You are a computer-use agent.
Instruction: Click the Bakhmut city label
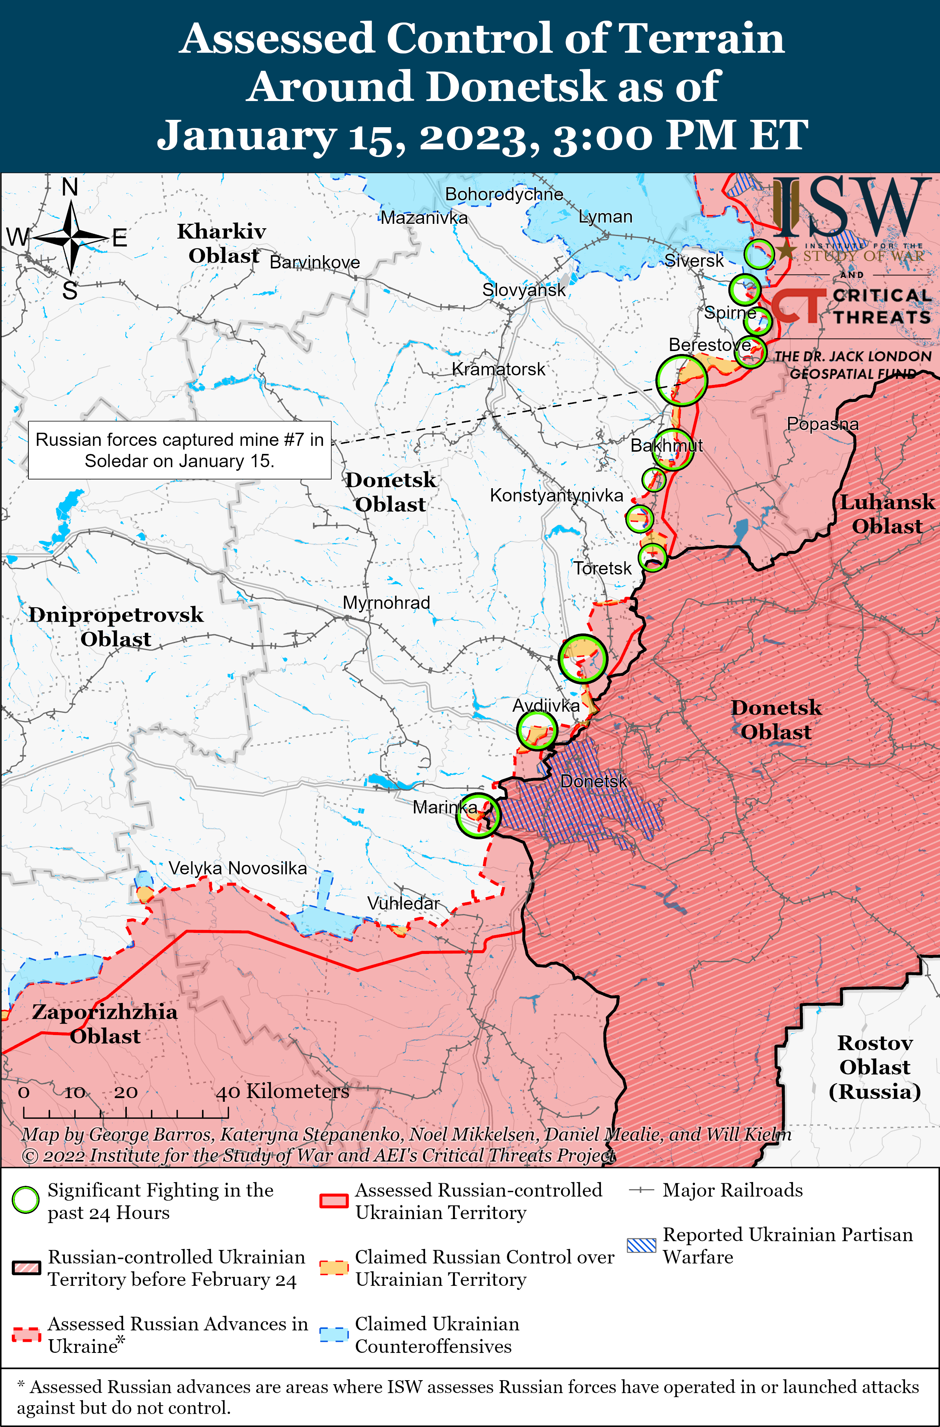(666, 445)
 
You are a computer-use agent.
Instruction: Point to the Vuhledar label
(403, 903)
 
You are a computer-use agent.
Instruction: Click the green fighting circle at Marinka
(478, 815)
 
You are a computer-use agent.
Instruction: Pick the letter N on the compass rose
(70, 188)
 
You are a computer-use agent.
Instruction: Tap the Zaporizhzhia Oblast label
(105, 1024)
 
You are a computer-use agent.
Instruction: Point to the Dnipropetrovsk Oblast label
(116, 626)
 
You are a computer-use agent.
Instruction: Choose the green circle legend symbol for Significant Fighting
(26, 1200)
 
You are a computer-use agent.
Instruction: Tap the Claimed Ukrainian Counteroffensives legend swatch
(334, 1335)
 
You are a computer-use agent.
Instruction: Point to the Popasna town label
(822, 424)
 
